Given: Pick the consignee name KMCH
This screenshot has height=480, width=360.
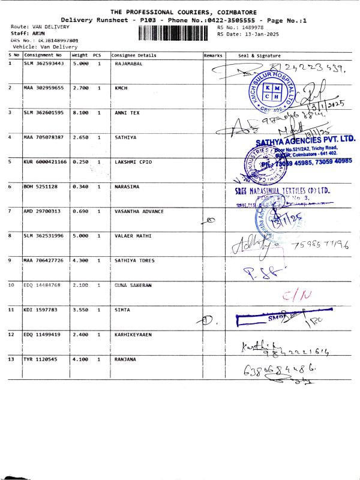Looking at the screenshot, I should [x=121, y=88].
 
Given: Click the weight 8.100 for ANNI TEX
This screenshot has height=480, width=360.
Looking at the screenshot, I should [x=80, y=112].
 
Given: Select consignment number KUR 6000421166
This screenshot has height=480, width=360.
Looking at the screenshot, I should [x=46, y=161].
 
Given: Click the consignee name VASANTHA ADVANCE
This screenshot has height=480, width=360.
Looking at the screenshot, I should [x=139, y=211].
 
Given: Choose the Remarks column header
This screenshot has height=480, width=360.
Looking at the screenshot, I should [x=213, y=55].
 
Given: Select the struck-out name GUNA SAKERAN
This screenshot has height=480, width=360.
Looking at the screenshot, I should [x=133, y=284].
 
